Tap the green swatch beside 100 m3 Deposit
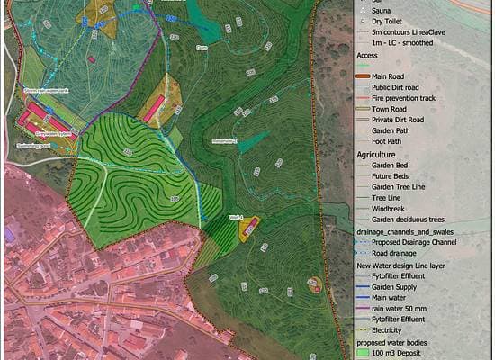click(x=361, y=354)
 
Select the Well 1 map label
click(x=237, y=219)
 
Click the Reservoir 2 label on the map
click(x=224, y=141)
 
